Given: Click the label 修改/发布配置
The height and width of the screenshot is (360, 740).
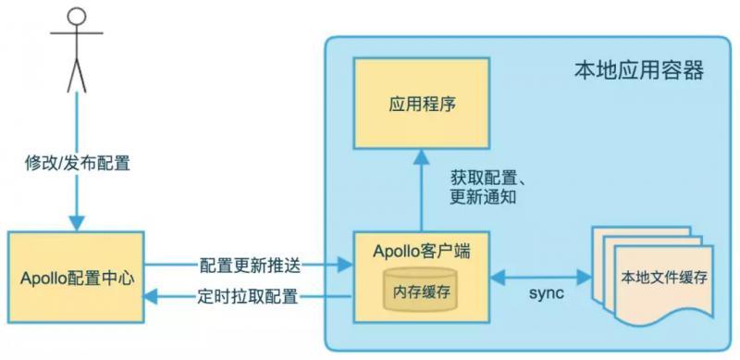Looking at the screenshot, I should pyautogui.click(x=78, y=165).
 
